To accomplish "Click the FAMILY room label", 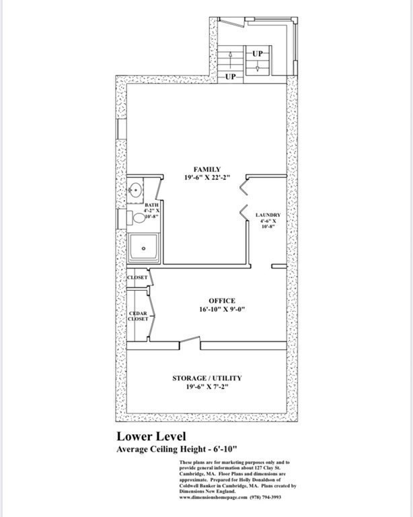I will (206, 170).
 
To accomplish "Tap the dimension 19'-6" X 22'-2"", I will (206, 178).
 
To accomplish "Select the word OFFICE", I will (221, 301).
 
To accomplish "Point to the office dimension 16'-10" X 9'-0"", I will (221, 310).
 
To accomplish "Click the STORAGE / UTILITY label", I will (206, 378).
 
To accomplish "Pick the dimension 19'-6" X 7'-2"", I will (206, 388).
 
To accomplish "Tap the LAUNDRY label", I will (268, 215).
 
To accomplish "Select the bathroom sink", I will (135, 190).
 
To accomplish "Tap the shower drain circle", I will (143, 248).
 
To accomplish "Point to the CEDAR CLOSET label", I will (138, 316).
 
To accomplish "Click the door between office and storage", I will (190, 345).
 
